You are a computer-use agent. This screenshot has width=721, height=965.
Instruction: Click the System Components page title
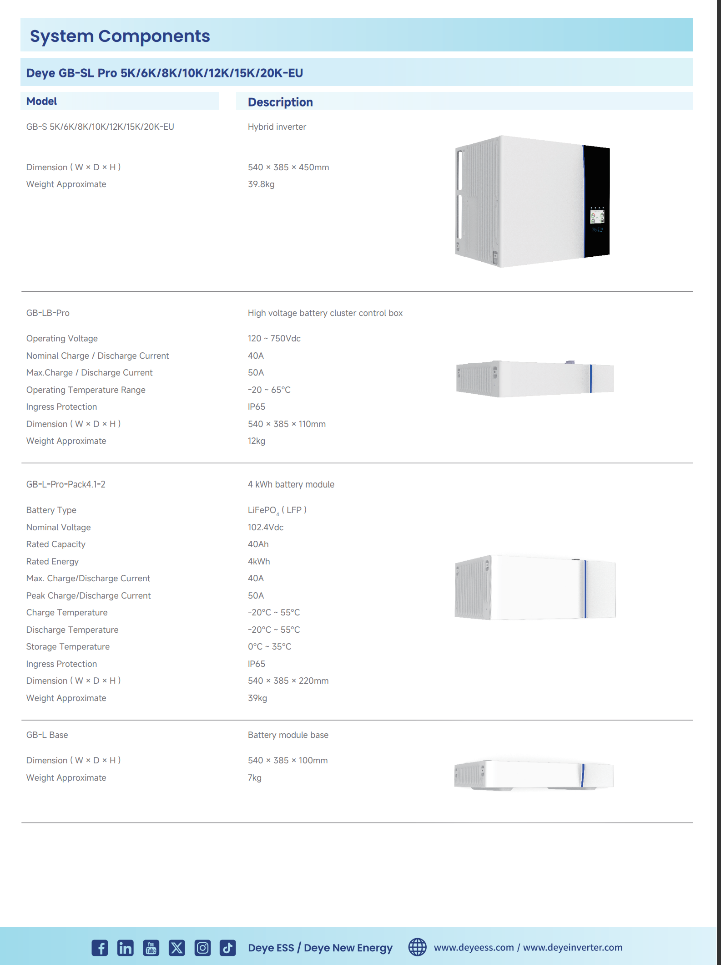(x=120, y=36)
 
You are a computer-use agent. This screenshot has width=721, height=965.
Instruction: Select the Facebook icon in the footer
(x=100, y=948)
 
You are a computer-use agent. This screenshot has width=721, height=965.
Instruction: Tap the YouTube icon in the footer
(x=151, y=948)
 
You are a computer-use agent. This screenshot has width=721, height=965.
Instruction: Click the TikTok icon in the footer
(x=228, y=948)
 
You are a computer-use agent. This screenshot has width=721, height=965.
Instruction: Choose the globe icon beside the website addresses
(x=417, y=947)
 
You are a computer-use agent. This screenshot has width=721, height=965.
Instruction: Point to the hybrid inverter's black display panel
(x=596, y=202)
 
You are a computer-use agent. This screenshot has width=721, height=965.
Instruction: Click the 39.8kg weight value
(x=261, y=184)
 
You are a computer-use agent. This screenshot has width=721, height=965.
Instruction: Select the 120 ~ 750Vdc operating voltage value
(x=274, y=339)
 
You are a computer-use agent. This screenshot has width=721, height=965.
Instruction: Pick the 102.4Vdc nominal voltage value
(x=266, y=528)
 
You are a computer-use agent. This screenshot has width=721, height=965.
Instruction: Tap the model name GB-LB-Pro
(x=48, y=313)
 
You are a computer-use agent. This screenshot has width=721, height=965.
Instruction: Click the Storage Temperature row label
(x=68, y=647)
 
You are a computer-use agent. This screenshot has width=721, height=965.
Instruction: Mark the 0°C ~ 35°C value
(x=270, y=647)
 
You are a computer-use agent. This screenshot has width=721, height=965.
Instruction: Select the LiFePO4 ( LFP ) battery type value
(x=277, y=510)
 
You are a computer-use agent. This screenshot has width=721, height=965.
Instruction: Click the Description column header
(x=280, y=102)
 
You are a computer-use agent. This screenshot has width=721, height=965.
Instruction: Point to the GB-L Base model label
(x=47, y=735)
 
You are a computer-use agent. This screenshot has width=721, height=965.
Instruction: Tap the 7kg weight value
(x=255, y=778)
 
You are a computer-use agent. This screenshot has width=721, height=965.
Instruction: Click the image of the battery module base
(x=534, y=775)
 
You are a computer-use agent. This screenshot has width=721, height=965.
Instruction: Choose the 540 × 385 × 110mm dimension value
(x=287, y=424)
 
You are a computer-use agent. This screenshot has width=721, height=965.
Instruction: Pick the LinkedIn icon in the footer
(x=125, y=948)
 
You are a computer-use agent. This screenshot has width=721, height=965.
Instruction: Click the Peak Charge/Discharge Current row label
(x=88, y=596)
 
